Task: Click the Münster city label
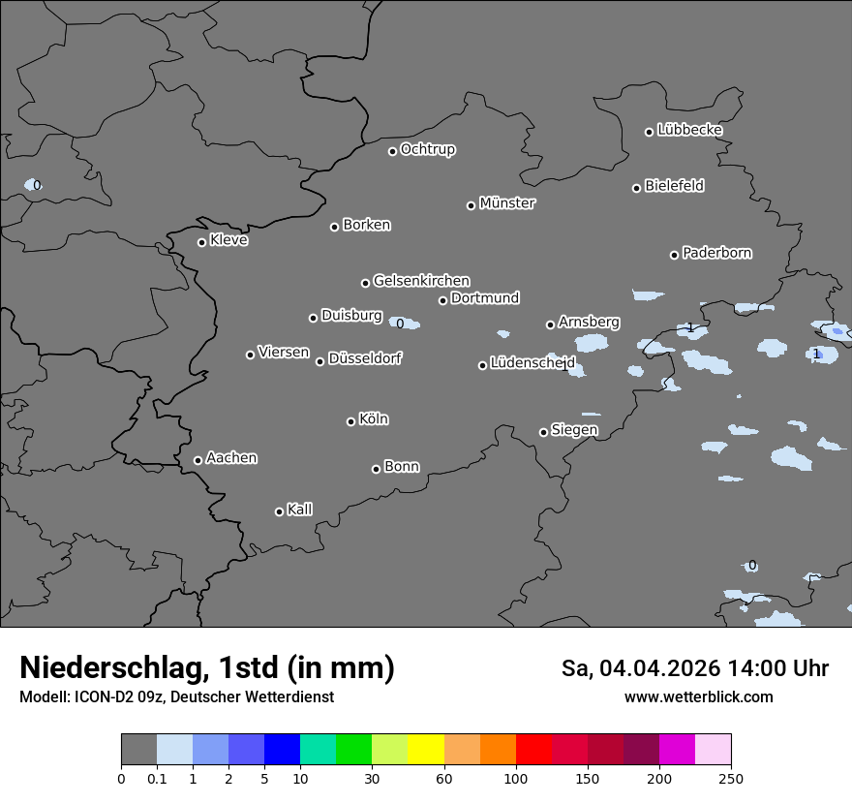click(507, 203)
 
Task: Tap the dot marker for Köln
click(351, 421)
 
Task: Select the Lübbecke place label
click(689, 130)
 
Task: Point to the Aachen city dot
click(198, 460)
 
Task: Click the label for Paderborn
click(716, 253)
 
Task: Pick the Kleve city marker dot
click(201, 242)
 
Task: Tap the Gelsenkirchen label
click(421, 281)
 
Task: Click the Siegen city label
click(574, 430)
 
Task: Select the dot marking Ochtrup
click(392, 151)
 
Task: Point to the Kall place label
click(299, 510)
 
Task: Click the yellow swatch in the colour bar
click(426, 750)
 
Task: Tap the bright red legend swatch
click(533, 750)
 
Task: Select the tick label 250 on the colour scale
click(731, 778)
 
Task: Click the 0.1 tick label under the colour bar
click(157, 778)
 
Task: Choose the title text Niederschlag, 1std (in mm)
click(207, 667)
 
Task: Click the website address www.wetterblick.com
click(698, 697)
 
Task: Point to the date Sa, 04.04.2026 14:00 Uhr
click(694, 668)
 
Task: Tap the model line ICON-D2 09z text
click(176, 697)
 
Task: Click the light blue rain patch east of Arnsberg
click(592, 342)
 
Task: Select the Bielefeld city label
click(674, 185)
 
